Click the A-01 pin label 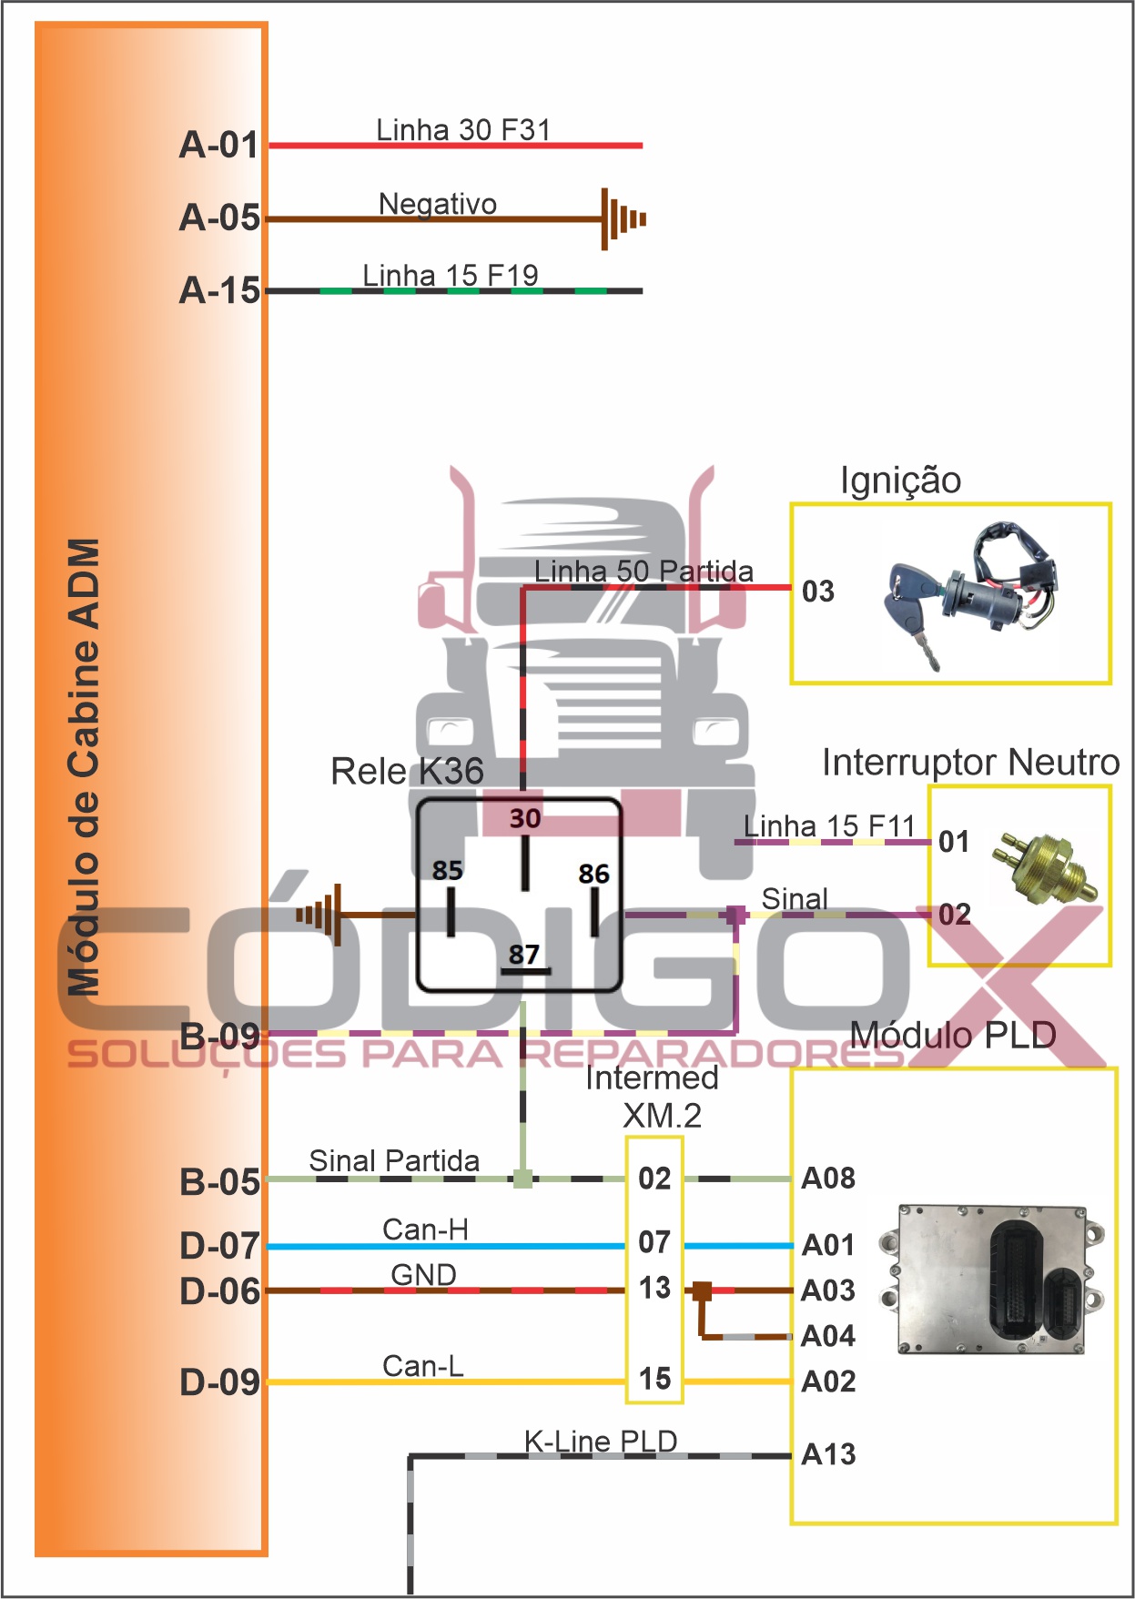point(219,145)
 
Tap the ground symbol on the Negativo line point(623,219)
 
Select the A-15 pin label point(219,290)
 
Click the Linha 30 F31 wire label point(463,130)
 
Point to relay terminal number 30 point(525,818)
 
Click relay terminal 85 point(447,871)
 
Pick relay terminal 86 point(593,875)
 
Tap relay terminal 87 point(524,955)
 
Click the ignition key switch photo point(968,592)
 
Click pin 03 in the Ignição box point(817,592)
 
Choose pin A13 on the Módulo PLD point(828,1454)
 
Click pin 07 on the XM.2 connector point(654,1242)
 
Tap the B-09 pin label point(219,1036)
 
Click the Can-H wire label point(425,1230)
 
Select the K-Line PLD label point(601,1442)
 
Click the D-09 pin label point(219,1382)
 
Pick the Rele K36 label point(407,772)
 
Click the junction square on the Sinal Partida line point(522,1179)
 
